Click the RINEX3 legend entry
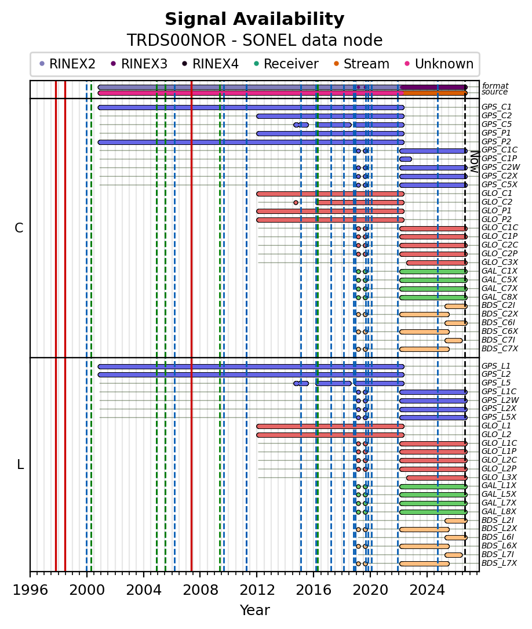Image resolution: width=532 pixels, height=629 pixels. click(x=139, y=64)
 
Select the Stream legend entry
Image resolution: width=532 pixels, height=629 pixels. click(x=361, y=64)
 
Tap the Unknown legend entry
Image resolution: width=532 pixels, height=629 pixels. click(x=439, y=64)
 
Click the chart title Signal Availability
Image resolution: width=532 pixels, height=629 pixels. click(x=254, y=19)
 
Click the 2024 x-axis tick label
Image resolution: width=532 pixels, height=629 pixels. click(x=427, y=590)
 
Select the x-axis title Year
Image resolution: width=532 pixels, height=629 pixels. click(x=254, y=610)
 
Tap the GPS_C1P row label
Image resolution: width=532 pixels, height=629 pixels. click(x=499, y=158)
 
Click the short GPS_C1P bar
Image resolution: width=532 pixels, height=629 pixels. click(x=405, y=159)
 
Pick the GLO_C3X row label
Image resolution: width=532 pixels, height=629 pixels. click(x=499, y=263)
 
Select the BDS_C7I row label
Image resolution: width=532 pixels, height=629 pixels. click(x=498, y=340)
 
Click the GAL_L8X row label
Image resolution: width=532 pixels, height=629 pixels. click(x=499, y=511)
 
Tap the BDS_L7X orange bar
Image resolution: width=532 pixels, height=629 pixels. click(x=424, y=563)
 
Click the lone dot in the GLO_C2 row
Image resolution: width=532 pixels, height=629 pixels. click(x=296, y=202)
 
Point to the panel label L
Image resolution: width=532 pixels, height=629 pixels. click(x=20, y=464)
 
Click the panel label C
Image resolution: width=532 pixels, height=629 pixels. click(x=19, y=228)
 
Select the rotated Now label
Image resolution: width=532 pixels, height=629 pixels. click(x=475, y=161)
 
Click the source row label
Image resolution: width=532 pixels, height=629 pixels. click(x=494, y=92)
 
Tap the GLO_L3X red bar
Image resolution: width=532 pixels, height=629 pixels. click(x=436, y=478)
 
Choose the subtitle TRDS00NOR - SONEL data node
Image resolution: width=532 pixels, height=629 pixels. click(x=254, y=40)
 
